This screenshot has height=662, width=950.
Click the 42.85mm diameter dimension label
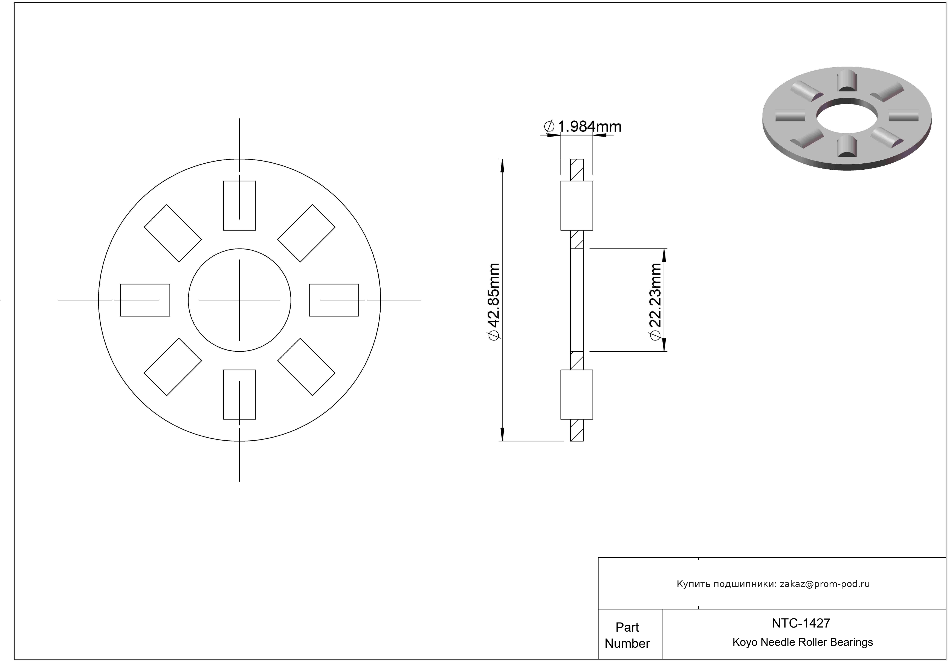click(494, 302)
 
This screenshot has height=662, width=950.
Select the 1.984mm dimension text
click(583, 126)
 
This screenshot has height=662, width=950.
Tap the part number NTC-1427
click(801, 623)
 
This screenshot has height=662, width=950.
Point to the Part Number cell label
click(627, 635)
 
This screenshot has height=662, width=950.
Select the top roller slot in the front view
click(240, 206)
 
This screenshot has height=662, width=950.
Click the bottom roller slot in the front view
click(240, 395)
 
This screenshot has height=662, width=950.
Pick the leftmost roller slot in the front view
click(145, 300)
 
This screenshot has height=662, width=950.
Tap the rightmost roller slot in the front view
click(334, 300)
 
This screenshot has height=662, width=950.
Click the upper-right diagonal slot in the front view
click(306, 233)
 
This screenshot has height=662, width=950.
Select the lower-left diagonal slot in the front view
click(173, 367)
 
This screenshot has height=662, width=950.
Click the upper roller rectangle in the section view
click(577, 206)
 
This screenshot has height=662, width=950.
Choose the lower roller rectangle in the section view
click(577, 395)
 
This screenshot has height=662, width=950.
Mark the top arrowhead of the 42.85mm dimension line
click(502, 166)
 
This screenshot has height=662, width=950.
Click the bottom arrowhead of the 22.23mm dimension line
click(665, 345)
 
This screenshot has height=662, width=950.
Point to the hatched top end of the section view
click(577, 170)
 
